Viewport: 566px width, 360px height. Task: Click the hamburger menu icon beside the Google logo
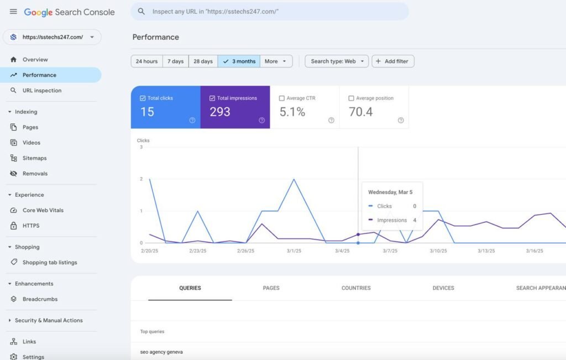click(x=13, y=12)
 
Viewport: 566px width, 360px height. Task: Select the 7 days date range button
click(x=175, y=61)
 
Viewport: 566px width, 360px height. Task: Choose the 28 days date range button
click(x=203, y=61)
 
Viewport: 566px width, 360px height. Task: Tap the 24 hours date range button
click(x=146, y=61)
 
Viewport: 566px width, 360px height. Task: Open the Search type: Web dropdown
click(x=337, y=61)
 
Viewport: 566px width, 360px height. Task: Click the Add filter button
click(x=393, y=61)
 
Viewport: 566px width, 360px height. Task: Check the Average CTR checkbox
click(x=282, y=98)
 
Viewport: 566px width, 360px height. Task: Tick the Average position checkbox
click(x=351, y=98)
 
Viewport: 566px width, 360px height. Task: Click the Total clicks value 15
click(x=147, y=112)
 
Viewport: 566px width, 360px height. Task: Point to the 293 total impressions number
click(x=220, y=112)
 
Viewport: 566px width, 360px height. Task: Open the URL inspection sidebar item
click(x=42, y=91)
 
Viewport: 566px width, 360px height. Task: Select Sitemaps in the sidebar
click(x=35, y=158)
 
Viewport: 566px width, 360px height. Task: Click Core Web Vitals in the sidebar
click(x=43, y=210)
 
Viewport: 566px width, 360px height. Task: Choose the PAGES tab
click(x=271, y=288)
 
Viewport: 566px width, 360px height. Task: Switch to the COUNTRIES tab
click(x=356, y=288)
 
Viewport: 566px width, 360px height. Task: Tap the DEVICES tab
click(x=443, y=288)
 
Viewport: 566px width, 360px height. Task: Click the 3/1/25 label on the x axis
click(x=294, y=251)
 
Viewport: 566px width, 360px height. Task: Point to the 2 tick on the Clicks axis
click(x=141, y=179)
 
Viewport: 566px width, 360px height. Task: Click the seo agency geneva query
click(x=161, y=352)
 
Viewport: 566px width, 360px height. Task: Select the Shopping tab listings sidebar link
click(x=50, y=263)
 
